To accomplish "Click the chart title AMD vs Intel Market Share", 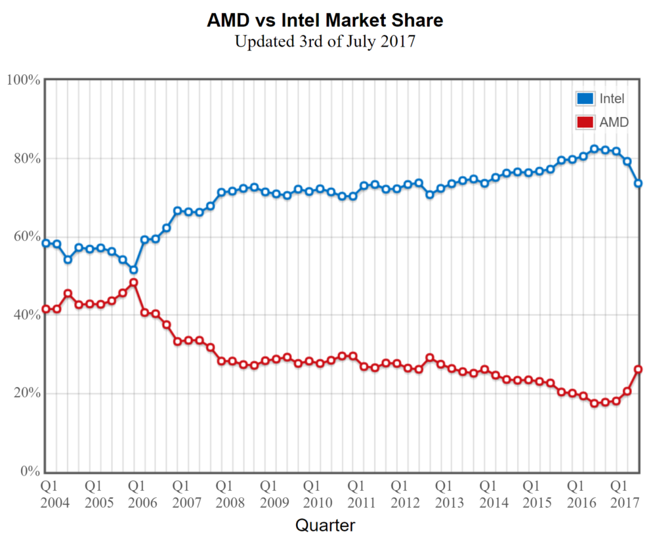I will click(x=325, y=20).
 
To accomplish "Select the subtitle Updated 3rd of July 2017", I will click(x=325, y=41).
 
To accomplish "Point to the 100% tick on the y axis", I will click(x=24, y=80).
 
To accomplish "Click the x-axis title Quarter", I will click(x=325, y=525).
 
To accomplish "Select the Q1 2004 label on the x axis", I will click(x=50, y=495).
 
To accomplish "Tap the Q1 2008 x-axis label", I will click(x=225, y=495).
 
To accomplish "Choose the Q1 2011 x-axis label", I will click(x=356, y=495).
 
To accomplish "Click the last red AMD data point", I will click(x=638, y=369).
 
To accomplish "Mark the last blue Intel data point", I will click(x=638, y=183).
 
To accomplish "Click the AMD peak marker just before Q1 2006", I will click(x=133, y=282).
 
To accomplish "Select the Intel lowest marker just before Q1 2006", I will click(x=133, y=270).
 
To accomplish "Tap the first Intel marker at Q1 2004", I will click(x=46, y=243).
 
